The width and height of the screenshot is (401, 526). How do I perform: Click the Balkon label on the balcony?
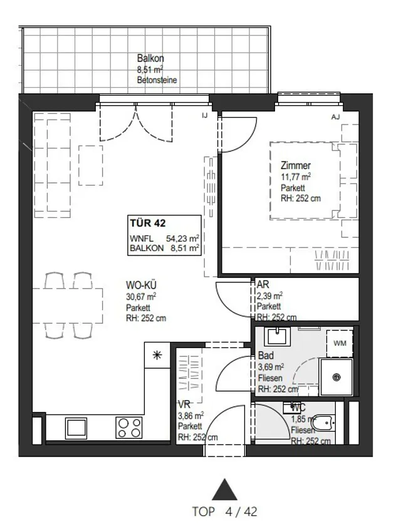tap(150, 58)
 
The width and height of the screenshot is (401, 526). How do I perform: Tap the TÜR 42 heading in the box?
tap(148, 223)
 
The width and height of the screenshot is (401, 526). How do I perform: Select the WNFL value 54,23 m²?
tap(182, 239)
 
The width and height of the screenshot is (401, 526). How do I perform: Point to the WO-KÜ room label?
tap(141, 285)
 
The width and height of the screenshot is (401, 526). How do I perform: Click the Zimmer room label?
tap(296, 165)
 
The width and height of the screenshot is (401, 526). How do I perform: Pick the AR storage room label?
tap(263, 284)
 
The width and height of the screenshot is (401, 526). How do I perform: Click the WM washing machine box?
tap(340, 343)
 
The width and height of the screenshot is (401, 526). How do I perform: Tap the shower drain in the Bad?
tap(336, 378)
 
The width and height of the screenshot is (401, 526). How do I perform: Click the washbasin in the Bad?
tap(277, 336)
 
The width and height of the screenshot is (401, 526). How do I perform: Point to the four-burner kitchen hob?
tap(129, 427)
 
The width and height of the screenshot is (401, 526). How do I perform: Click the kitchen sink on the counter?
tap(76, 428)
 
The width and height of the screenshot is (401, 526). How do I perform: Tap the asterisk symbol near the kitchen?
tap(157, 355)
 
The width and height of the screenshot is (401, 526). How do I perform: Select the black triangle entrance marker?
tap(224, 490)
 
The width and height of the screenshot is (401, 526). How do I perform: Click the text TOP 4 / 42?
tap(224, 512)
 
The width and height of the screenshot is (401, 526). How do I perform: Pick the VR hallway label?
tap(184, 405)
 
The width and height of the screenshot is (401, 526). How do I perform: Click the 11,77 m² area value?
tap(296, 177)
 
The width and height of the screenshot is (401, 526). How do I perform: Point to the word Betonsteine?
tap(157, 80)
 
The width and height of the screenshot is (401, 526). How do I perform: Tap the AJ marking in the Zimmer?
tap(335, 116)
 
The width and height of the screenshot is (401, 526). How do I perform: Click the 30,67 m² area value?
tap(141, 297)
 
